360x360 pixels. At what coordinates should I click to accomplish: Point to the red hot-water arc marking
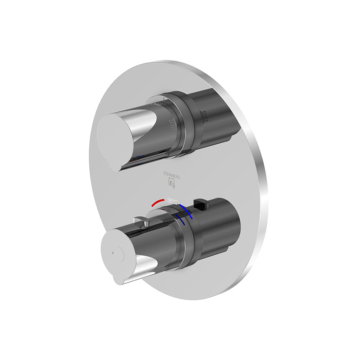point(158,202)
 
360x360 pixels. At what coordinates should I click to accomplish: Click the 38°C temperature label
point(172,201)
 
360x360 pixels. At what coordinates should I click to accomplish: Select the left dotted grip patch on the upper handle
point(175,124)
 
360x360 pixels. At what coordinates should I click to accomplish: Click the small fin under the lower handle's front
point(119,279)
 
